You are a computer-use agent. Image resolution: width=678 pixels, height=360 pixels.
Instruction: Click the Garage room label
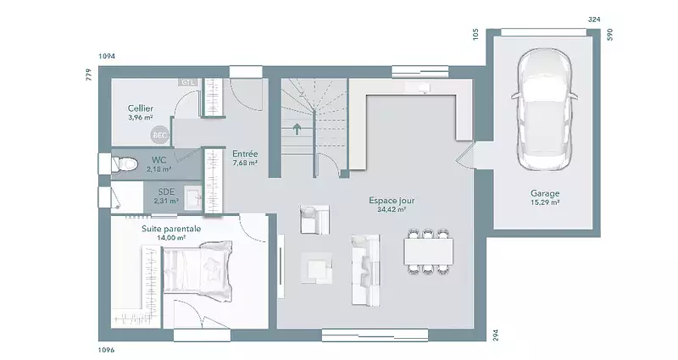click(545, 193)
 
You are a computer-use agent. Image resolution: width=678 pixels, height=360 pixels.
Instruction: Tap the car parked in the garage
click(544, 111)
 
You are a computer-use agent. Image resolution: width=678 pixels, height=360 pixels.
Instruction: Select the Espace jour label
click(392, 201)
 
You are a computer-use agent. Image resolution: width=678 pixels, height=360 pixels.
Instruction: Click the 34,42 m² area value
click(392, 210)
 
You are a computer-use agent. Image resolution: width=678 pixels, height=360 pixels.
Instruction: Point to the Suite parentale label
click(171, 229)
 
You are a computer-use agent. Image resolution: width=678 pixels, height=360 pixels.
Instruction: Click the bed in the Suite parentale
click(197, 271)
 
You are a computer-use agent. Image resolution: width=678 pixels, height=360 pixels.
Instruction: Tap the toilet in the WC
click(125, 163)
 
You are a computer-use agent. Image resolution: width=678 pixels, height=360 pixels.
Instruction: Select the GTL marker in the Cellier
click(188, 82)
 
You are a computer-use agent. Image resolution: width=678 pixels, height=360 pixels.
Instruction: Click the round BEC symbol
click(159, 136)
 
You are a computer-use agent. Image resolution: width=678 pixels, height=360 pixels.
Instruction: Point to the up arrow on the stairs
click(297, 130)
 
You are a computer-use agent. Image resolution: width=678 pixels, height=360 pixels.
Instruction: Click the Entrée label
click(245, 154)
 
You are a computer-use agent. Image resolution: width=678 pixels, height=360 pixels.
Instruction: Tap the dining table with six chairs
click(429, 252)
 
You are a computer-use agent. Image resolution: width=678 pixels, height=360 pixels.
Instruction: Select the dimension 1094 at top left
click(107, 56)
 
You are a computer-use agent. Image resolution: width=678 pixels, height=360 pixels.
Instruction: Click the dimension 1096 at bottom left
click(107, 350)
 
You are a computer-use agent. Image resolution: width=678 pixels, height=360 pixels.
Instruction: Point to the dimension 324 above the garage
click(595, 19)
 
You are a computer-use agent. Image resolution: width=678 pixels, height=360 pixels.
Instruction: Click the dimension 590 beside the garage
click(610, 35)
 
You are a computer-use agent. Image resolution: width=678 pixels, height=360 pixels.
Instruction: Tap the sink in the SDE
click(193, 197)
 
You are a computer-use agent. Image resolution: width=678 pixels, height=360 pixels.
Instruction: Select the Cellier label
click(141, 108)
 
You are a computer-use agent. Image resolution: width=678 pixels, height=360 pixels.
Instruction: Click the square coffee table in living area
click(316, 268)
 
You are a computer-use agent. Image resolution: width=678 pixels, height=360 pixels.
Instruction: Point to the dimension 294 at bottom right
click(496, 335)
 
